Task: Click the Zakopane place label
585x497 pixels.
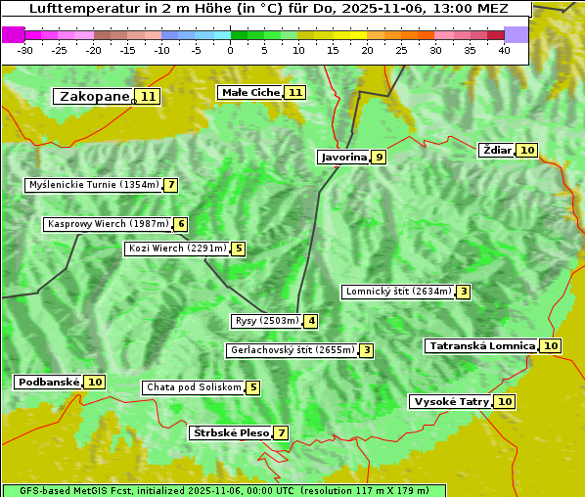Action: click(x=94, y=96)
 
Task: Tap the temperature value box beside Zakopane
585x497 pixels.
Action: click(x=148, y=96)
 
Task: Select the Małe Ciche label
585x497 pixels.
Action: click(x=250, y=92)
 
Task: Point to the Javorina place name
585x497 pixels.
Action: click(x=343, y=157)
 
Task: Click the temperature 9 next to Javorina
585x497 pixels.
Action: click(x=379, y=157)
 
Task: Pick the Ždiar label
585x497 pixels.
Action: click(x=497, y=150)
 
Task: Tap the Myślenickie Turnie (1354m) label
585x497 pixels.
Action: click(x=93, y=185)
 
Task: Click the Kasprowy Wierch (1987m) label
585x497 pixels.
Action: click(x=108, y=224)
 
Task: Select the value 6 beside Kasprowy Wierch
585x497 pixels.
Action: click(x=181, y=224)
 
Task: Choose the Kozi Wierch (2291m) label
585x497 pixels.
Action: click(x=177, y=248)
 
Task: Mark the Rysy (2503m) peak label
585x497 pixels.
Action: click(x=266, y=321)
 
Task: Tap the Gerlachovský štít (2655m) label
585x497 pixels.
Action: click(x=292, y=350)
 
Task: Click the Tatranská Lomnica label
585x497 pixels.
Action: click(x=481, y=345)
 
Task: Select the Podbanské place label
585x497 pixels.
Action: click(x=47, y=382)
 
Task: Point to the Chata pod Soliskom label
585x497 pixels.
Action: click(x=192, y=387)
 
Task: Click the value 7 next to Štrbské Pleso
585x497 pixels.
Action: click(x=282, y=432)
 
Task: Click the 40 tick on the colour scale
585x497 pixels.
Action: click(x=504, y=49)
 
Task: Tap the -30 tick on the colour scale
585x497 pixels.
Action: click(x=24, y=49)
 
